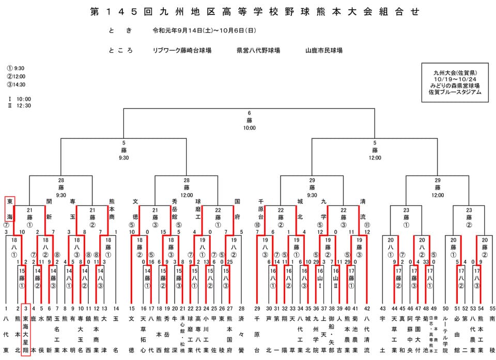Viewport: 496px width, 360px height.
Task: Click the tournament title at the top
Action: (248, 11)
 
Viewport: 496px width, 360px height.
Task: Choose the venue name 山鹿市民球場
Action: (323, 51)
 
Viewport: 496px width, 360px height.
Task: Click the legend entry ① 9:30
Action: (17, 68)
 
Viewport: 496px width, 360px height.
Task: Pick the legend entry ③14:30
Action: (17, 85)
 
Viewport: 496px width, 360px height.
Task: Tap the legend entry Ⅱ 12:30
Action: (20, 106)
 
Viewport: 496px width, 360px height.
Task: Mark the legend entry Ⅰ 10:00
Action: (20, 99)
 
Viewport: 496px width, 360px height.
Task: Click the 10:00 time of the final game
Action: (249, 128)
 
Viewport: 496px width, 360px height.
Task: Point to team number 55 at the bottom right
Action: (492, 308)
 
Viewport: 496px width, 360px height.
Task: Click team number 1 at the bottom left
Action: (6, 308)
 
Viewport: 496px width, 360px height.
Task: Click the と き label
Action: (117, 31)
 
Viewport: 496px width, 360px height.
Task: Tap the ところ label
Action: (121, 51)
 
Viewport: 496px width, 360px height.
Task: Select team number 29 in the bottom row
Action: (257, 308)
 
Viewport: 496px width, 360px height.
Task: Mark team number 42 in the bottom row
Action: (367, 308)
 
